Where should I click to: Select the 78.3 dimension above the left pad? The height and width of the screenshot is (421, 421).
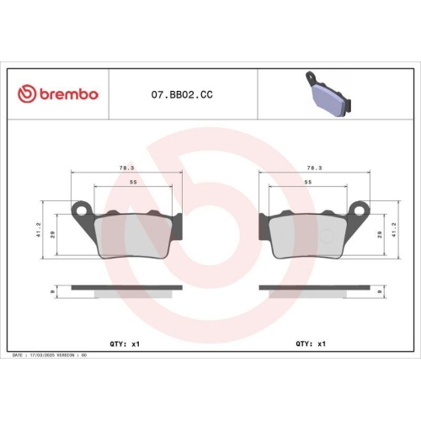pos(125,168)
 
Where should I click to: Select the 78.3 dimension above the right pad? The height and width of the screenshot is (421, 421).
pos(314,168)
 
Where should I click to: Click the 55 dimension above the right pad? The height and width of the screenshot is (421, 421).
pos(308,182)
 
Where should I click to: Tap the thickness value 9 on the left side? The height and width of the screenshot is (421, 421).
pos(54,290)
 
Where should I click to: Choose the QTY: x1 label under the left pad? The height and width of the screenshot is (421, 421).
pos(124,344)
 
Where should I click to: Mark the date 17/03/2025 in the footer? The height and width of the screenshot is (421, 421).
pos(42,355)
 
